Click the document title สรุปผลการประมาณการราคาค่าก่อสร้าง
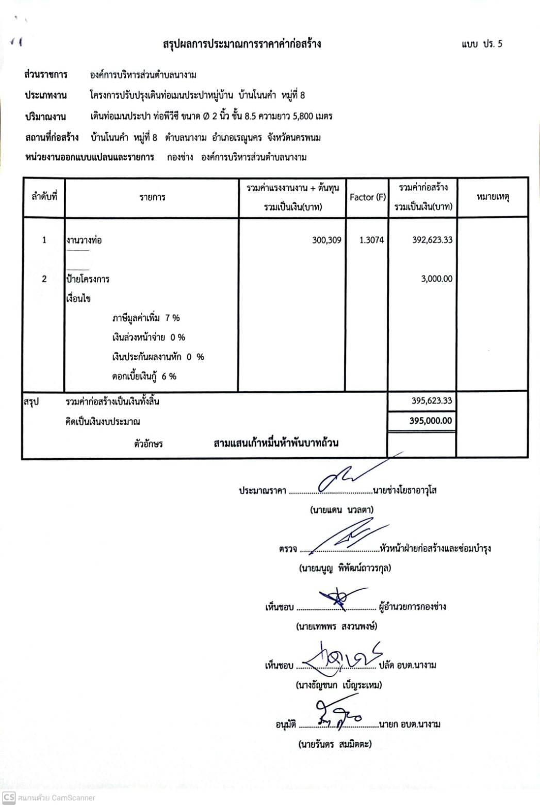[241, 44]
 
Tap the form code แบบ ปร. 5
[482, 44]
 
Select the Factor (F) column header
[367, 197]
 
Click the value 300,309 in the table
[326, 240]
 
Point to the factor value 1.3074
[371, 240]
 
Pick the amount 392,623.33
[432, 240]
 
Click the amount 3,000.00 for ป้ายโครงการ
[436, 279]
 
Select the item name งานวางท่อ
[84, 240]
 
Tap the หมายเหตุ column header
[493, 197]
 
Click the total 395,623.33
[432, 401]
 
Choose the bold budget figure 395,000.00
[431, 421]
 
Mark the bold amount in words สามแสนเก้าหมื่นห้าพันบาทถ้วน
[276, 443]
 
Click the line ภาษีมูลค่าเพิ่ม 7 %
[146, 318]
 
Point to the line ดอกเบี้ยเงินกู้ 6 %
[144, 376]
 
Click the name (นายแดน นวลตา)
[341, 510]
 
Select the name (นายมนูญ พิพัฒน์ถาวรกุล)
[345, 568]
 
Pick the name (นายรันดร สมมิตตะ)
[335, 744]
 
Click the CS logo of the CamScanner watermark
[9, 797]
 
